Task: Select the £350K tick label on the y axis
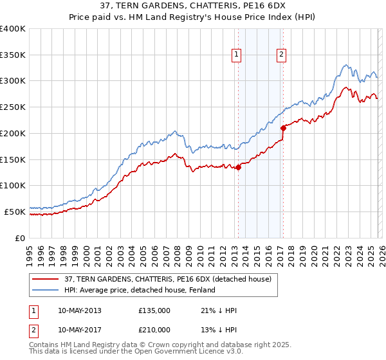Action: coord(13,55)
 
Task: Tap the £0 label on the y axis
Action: coord(20,238)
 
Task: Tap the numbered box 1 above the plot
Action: coord(237,55)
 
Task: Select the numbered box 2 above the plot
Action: coord(282,55)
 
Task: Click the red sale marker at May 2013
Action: coord(238,167)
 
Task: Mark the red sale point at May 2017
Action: coord(282,128)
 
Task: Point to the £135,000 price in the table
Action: coord(154,310)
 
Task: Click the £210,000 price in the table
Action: coord(154,330)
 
